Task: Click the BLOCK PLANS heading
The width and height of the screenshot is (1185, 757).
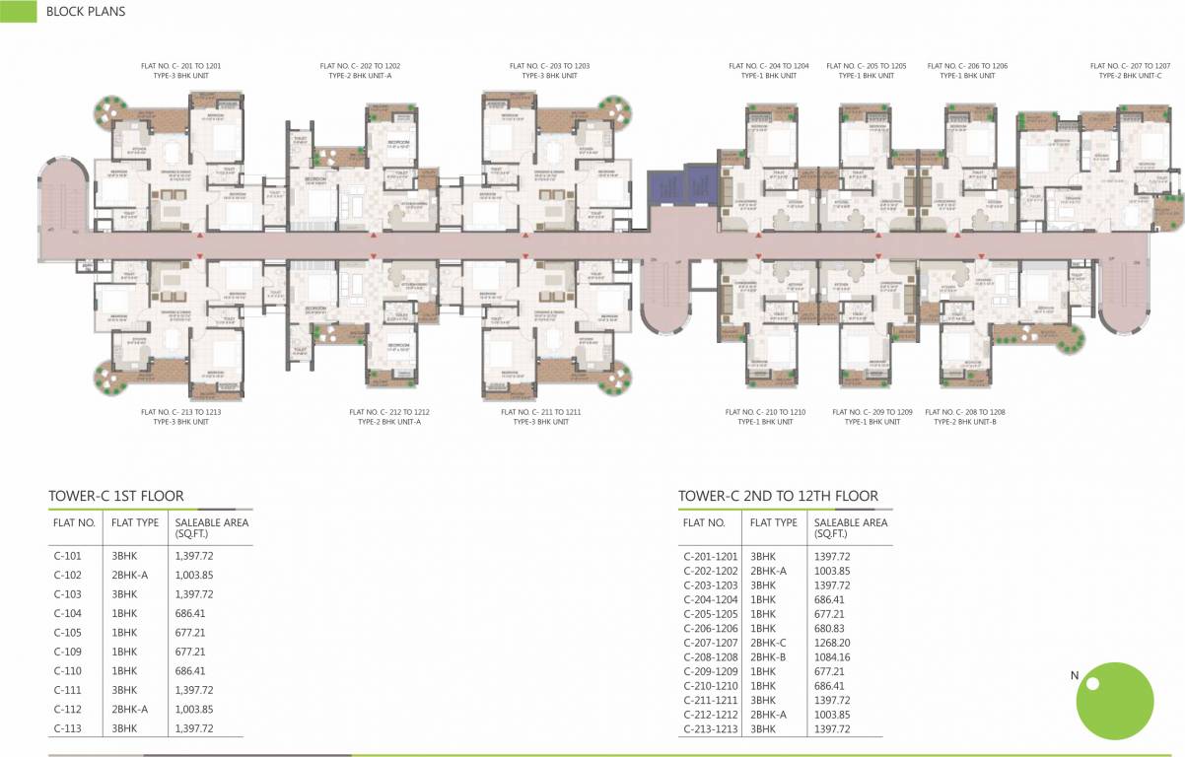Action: pos(85,13)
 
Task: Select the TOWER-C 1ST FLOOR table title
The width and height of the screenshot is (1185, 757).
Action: pos(116,496)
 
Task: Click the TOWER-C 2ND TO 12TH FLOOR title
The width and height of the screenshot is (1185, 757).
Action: pos(778,496)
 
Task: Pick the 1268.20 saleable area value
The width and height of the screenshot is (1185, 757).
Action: pos(832,642)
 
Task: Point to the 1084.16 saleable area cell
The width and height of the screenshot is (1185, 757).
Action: pos(832,656)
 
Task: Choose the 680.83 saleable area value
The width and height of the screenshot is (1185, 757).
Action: pos(832,628)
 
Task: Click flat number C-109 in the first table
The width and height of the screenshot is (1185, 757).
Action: pos(67,652)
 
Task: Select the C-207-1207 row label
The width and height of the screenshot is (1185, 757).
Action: pos(710,642)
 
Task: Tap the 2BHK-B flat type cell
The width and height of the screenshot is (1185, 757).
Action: pos(768,656)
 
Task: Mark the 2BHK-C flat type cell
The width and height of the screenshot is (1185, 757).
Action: pos(768,642)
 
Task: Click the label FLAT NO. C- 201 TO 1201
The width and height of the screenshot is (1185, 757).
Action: pos(180,66)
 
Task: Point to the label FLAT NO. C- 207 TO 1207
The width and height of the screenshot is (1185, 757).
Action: pos(1130,66)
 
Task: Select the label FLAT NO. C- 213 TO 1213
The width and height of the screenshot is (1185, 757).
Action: pos(180,412)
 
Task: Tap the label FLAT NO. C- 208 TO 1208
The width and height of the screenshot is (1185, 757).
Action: pos(965,412)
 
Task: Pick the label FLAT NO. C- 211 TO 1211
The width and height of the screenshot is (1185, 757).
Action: pos(541,412)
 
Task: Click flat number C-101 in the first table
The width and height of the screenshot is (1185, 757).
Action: pos(67,556)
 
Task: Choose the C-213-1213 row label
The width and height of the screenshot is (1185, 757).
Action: pos(710,728)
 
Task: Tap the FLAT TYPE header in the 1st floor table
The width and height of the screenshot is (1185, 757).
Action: pos(135,522)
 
